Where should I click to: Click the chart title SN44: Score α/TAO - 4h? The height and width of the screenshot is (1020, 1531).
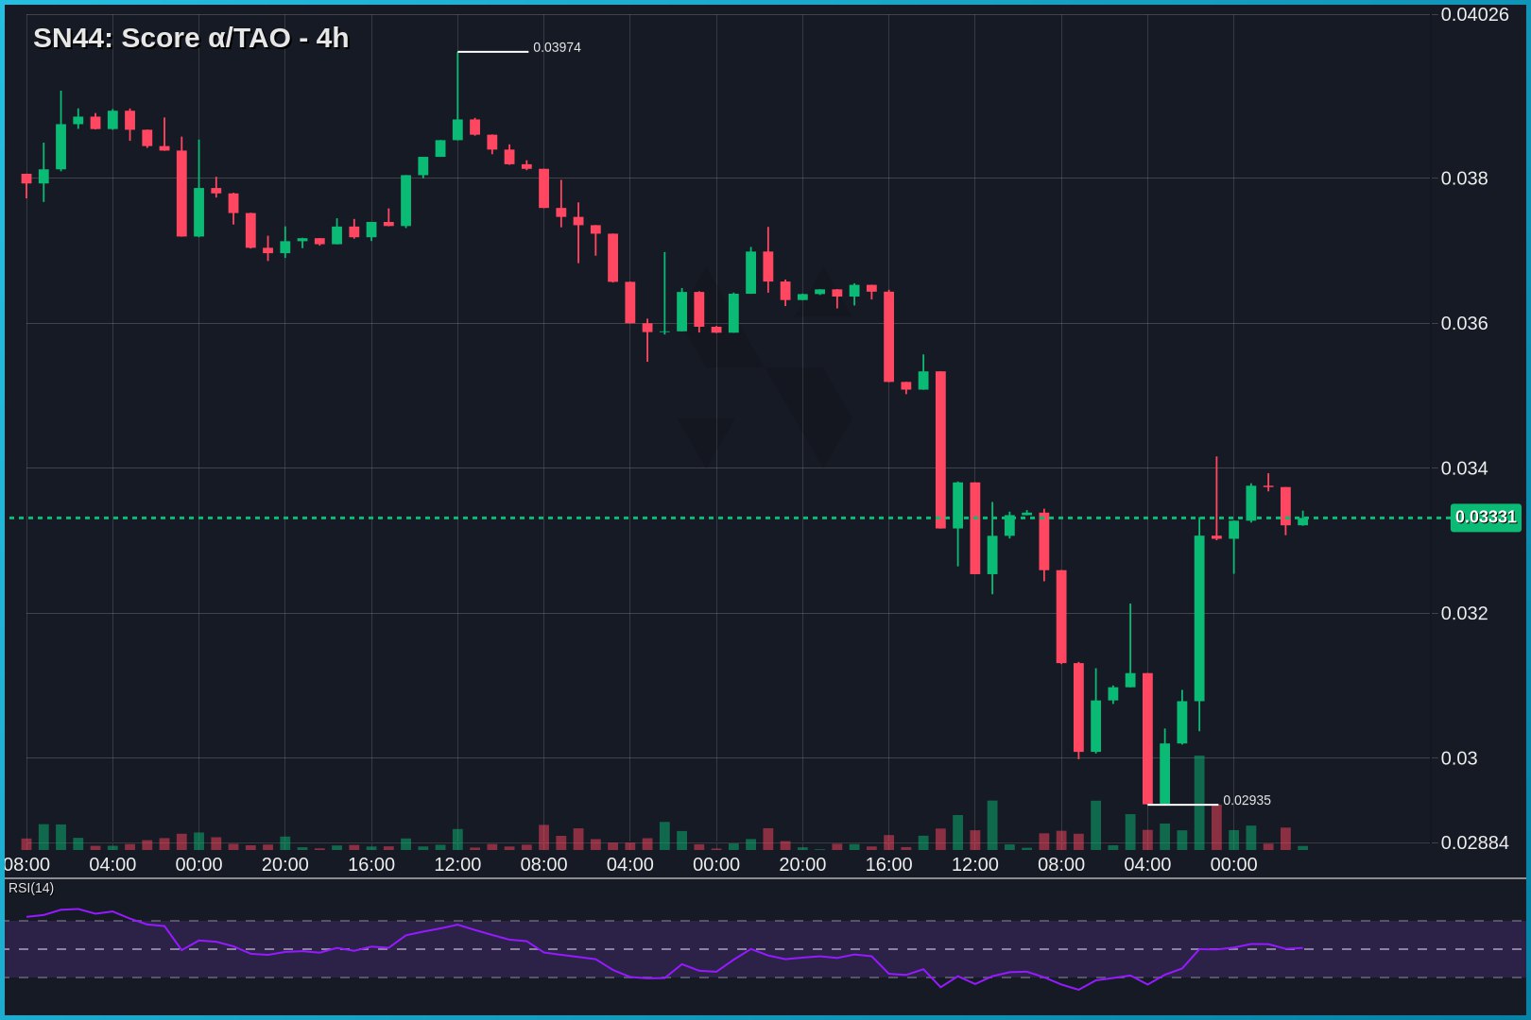191,38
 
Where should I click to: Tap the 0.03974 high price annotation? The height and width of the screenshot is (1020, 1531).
557,47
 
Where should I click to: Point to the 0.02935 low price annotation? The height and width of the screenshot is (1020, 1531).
1247,800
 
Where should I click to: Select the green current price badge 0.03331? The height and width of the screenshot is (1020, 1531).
1485,517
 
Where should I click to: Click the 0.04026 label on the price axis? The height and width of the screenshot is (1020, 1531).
1474,14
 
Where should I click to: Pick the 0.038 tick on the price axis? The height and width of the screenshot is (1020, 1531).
1464,178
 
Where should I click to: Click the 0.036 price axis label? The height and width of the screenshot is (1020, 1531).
1464,323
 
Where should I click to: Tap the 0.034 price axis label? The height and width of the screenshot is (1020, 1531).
1464,468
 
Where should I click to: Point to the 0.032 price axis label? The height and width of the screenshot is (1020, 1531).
1464,613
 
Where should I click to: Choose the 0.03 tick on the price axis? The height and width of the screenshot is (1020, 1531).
1458,758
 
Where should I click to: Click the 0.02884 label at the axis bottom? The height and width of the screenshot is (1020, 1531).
1474,842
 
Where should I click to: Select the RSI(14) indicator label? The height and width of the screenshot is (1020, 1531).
31,888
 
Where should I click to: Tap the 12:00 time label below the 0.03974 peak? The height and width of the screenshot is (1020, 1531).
457,864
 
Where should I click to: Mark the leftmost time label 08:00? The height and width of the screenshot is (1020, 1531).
26,864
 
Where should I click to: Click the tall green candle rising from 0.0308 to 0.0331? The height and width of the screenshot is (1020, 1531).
1199,619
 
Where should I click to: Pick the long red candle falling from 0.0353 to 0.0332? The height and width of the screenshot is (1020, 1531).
940,450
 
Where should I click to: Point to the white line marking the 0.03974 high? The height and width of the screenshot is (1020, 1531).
492,52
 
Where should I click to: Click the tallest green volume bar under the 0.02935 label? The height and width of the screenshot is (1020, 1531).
1199,803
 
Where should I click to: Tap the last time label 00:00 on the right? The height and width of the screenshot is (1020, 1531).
1233,864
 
